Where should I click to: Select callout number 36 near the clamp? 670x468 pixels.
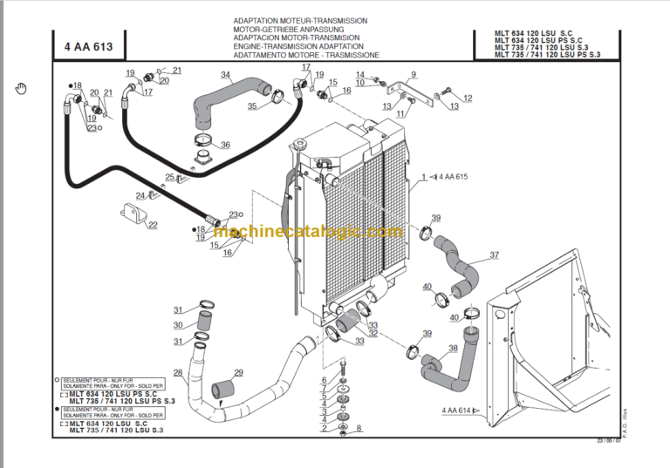point(225,145)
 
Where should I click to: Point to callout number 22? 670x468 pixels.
point(153,225)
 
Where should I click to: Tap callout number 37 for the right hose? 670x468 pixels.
point(495,255)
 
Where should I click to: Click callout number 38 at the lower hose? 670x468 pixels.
point(414,74)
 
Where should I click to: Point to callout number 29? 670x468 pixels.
point(238,373)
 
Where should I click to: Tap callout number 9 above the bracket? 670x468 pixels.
point(414,74)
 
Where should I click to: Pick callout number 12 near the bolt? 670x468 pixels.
point(467,98)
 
